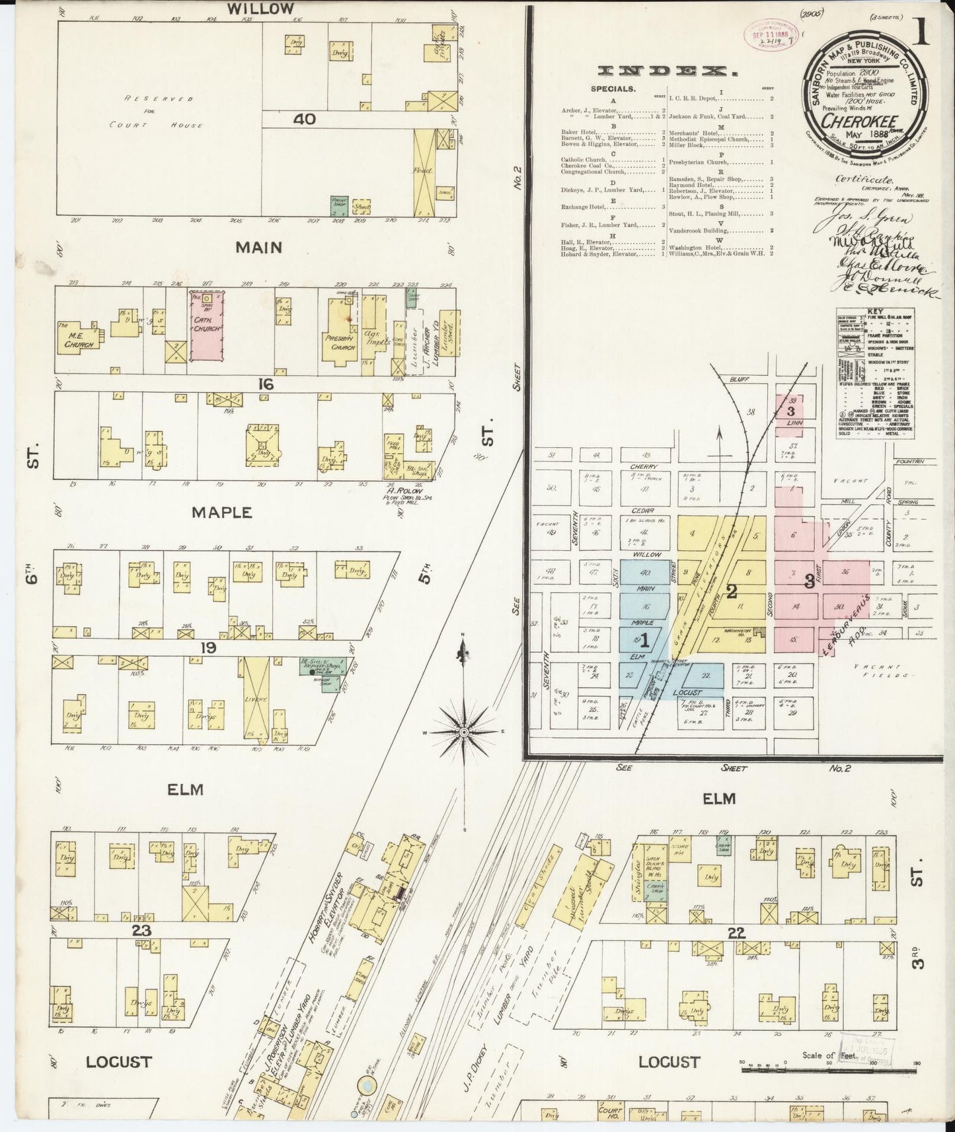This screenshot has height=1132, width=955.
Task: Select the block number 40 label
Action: (x=305, y=120)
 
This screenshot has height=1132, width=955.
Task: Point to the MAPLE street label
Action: (x=212, y=512)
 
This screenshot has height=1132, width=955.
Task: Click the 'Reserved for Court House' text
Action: (x=157, y=112)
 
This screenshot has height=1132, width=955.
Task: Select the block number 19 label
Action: (x=209, y=648)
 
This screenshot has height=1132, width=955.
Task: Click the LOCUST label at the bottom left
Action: (x=119, y=1062)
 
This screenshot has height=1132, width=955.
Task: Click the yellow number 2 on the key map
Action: (x=731, y=591)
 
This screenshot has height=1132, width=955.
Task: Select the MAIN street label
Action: (x=258, y=248)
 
